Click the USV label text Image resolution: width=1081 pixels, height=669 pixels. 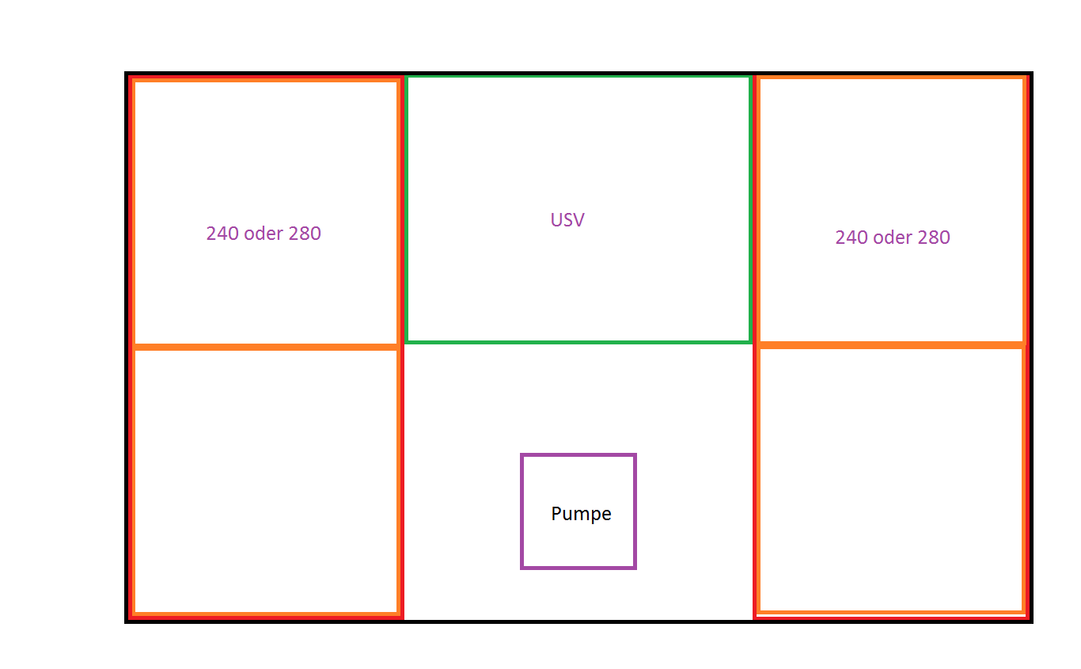567,220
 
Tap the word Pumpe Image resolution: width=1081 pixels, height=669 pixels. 581,514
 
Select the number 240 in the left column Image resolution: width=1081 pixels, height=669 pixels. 222,234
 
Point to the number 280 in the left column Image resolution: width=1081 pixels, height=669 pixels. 305,234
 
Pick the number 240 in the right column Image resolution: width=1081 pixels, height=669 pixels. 852,238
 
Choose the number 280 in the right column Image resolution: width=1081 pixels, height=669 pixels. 934,238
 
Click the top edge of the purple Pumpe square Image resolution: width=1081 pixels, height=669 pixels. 578,455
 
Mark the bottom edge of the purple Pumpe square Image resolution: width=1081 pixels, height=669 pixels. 578,567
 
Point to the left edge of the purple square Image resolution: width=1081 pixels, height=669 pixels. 522,511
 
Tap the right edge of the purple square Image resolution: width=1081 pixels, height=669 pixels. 635,511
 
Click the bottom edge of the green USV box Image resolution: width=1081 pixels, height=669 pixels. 578,341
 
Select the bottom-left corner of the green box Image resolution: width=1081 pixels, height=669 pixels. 407,341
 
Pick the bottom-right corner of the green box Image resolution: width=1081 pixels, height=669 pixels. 749,341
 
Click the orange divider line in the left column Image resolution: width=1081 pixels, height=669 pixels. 265,347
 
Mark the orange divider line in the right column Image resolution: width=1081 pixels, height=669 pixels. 892,344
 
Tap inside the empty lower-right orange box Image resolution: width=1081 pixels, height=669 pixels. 892,478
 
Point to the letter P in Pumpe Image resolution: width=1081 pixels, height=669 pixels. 556,514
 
